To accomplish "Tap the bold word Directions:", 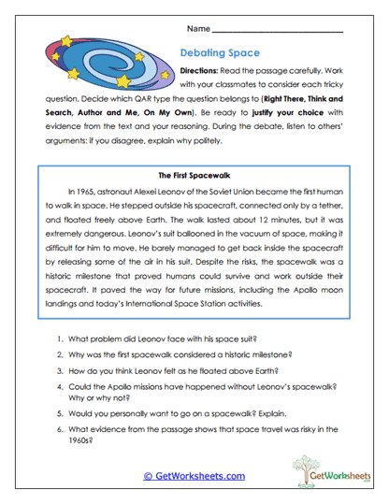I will pos(203,71).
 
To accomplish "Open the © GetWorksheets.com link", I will pos(194,475).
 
